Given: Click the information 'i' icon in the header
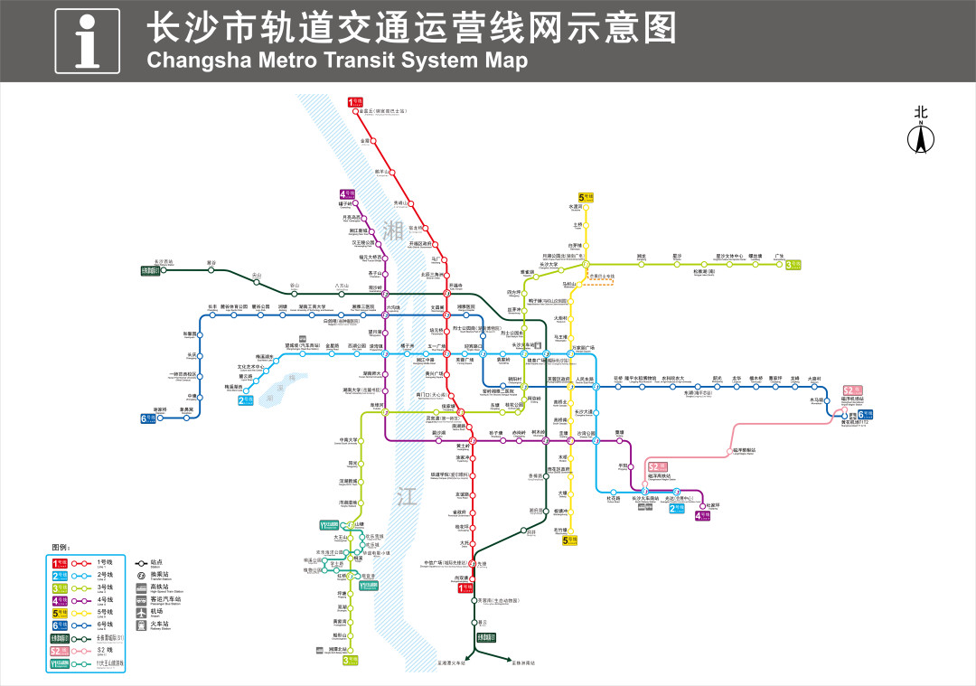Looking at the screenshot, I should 87,41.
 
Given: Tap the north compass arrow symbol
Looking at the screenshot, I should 921,139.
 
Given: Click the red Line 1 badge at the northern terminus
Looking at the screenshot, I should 355,102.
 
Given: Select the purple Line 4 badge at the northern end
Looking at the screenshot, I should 348,194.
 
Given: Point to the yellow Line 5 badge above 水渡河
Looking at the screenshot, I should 586,197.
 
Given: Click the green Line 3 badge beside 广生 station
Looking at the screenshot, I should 793,265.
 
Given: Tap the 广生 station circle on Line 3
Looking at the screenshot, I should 779,264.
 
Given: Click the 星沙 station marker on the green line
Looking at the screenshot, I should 677,264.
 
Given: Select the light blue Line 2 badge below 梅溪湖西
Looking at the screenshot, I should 246,399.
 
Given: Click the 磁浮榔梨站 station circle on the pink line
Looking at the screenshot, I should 730,452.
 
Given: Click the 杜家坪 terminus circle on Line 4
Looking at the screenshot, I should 703,505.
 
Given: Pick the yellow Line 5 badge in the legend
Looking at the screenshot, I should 59,611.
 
